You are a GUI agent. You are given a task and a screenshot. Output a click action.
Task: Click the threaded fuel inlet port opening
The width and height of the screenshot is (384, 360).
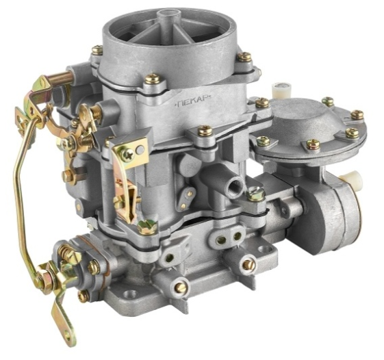click(235, 184)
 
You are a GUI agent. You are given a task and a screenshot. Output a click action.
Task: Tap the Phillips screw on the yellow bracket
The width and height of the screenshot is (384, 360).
click(127, 155)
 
